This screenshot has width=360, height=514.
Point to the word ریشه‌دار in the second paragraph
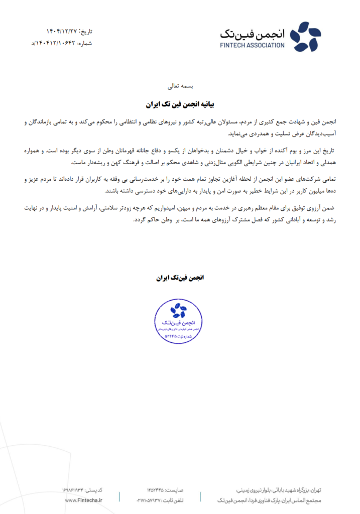tap(89, 162)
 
